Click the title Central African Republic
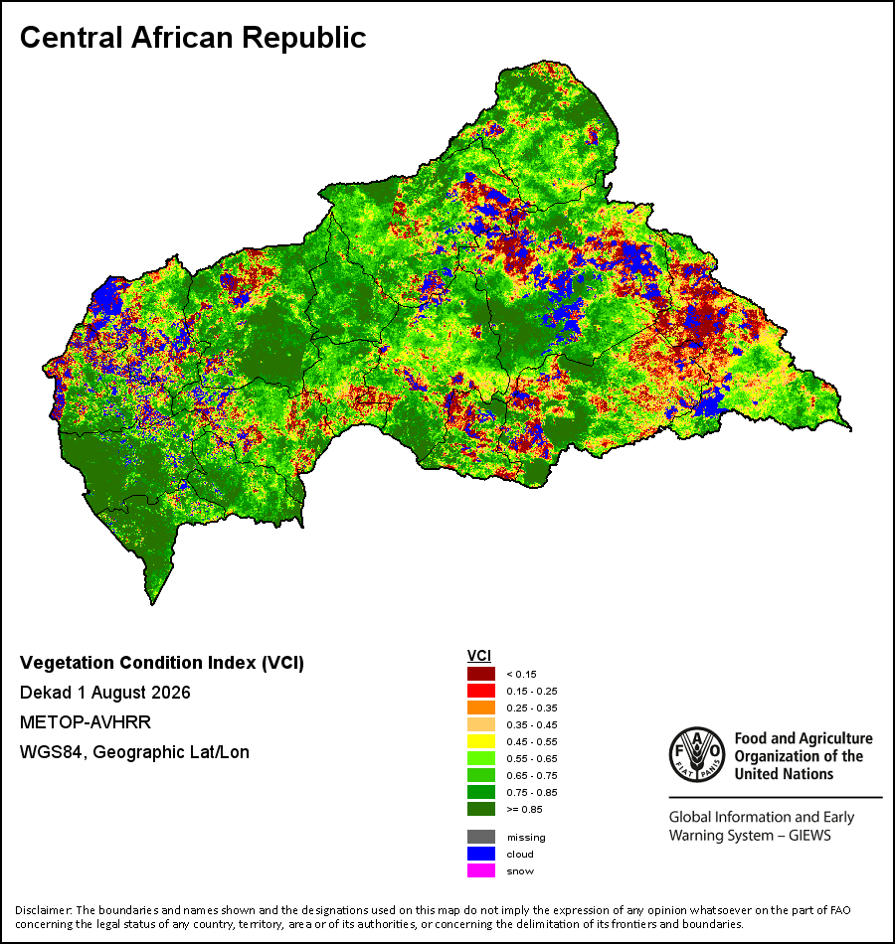coord(193,38)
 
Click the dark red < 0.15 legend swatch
coord(481,674)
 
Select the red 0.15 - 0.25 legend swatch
coord(481,691)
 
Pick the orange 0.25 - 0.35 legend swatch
coord(481,708)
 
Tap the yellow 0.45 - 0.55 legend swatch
coord(481,741)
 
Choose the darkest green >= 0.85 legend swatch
coord(481,809)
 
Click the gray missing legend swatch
coord(481,837)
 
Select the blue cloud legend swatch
coord(481,854)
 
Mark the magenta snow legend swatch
coord(481,870)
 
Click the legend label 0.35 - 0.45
coord(532,724)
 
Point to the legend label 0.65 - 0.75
coord(532,775)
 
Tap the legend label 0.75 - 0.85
coord(532,792)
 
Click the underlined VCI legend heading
coord(479,656)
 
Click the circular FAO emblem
coord(697,755)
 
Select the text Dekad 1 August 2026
coord(104,693)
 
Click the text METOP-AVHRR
coord(85,721)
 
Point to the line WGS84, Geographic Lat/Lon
coord(134,752)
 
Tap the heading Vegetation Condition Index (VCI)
coord(161,663)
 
